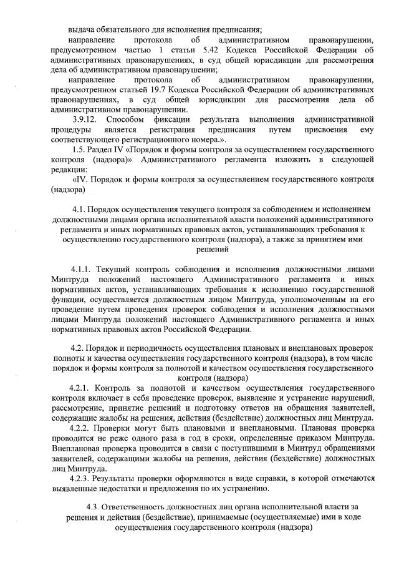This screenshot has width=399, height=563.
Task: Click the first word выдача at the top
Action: coord(82,29)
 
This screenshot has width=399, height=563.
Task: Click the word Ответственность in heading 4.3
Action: coord(142,507)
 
